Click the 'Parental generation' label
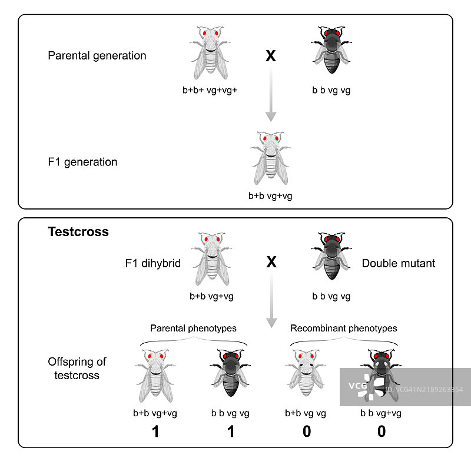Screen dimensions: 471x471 pyautogui.click(x=97, y=56)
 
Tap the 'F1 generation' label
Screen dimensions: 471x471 pyautogui.click(x=82, y=162)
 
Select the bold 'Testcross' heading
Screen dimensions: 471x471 pyautogui.click(x=78, y=232)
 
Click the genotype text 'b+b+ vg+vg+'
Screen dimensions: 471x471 pyautogui.click(x=210, y=91)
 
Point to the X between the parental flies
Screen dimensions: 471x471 pyautogui.click(x=271, y=57)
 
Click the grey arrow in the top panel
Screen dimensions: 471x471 pyautogui.click(x=271, y=94)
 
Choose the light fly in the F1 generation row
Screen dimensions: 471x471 pyautogui.click(x=271, y=157)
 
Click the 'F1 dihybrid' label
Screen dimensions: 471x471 pyautogui.click(x=149, y=263)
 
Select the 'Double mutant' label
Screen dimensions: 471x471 pyautogui.click(x=399, y=263)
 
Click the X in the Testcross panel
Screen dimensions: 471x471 pyautogui.click(x=271, y=263)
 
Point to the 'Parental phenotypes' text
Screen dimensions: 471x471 pyautogui.click(x=193, y=329)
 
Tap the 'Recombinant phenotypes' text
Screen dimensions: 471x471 pyautogui.click(x=344, y=328)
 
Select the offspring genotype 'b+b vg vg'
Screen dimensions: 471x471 pyautogui.click(x=306, y=413)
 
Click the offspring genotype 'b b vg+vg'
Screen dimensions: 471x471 pyautogui.click(x=381, y=413)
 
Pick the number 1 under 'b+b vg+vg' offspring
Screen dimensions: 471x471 pyautogui.click(x=155, y=432)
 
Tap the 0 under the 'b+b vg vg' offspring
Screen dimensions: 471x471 pyautogui.click(x=306, y=432)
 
